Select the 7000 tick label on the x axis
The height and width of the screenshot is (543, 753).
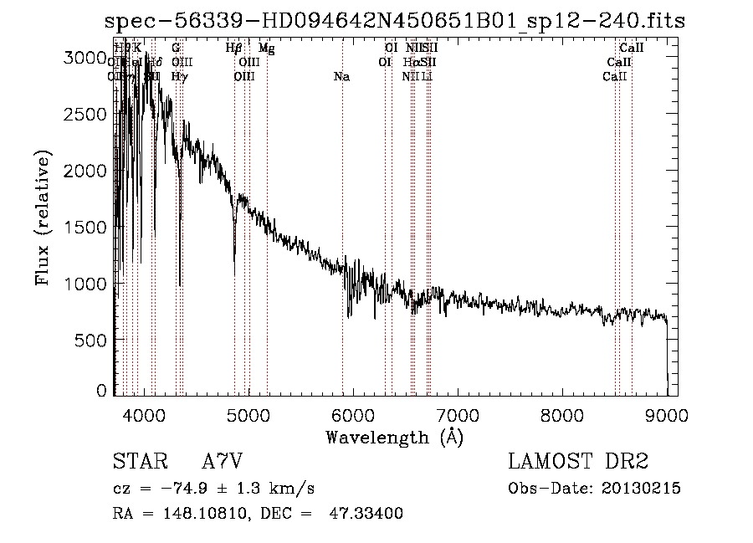457,414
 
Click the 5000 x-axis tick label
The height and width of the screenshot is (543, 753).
248,414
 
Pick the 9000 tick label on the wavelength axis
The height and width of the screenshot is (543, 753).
666,414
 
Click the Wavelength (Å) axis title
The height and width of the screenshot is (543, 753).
394,437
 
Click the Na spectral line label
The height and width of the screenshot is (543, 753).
341,77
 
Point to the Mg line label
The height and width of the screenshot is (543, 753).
266,49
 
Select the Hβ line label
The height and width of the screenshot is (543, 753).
234,49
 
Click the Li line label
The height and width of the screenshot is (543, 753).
427,77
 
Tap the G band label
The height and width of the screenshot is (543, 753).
176,49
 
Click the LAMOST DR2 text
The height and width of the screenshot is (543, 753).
578,462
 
